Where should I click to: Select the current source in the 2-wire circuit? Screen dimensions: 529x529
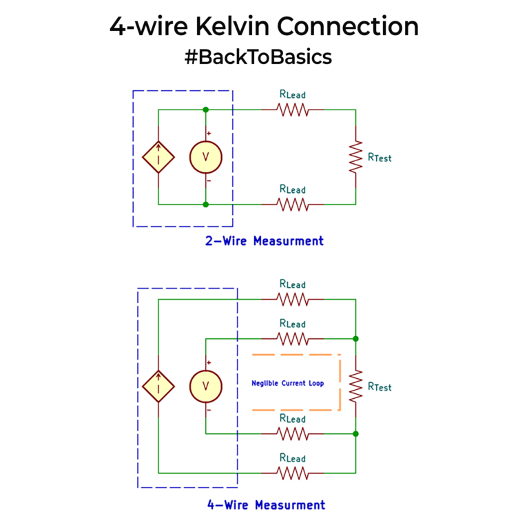pos(158,157)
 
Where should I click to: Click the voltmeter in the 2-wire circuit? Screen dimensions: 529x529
pos(205,157)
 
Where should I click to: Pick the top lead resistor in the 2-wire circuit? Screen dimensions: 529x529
pos(292,110)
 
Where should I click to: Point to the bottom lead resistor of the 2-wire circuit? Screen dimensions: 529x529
pos(292,204)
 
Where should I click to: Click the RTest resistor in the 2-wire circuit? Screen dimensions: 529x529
pos(355,157)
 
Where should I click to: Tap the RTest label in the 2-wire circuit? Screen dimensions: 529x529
pos(380,158)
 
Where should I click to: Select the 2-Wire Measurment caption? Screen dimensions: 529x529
pos(264,241)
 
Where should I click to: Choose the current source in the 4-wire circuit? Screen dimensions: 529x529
pos(158,386)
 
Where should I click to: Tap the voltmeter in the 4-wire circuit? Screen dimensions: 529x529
pos(205,386)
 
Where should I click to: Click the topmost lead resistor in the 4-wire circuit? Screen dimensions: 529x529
pos(292,300)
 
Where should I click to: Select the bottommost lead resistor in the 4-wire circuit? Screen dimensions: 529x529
pos(292,473)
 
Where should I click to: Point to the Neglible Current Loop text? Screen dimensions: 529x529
pos(287,383)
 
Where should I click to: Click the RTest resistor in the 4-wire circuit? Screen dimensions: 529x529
pos(355,386)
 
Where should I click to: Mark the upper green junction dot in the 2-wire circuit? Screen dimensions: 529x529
pos(205,110)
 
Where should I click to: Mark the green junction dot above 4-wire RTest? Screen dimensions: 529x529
pos(355,339)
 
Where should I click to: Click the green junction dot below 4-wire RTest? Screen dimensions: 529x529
pos(355,433)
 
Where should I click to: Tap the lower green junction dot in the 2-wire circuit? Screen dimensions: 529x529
pos(205,204)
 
